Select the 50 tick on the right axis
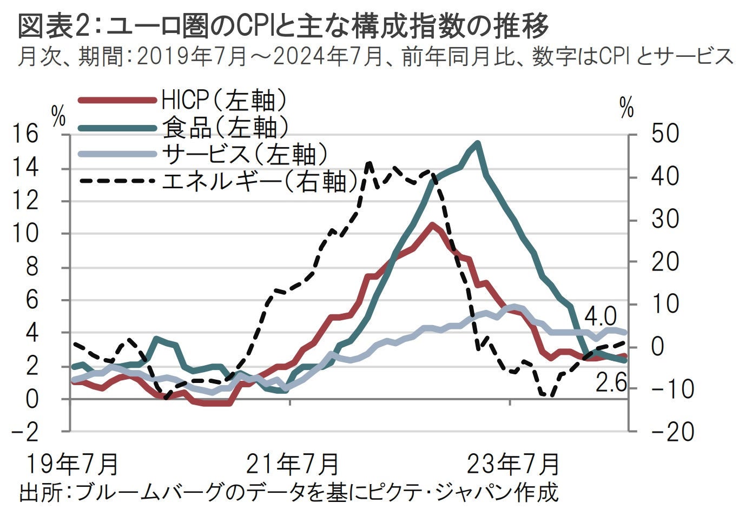pyautogui.click(x=664, y=134)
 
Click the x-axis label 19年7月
pyautogui.click(x=72, y=464)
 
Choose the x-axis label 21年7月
pyautogui.click(x=293, y=464)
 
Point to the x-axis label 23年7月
pyautogui.click(x=513, y=464)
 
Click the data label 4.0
pyautogui.click(x=601, y=315)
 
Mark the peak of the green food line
pyautogui.click(x=477, y=143)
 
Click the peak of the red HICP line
pyautogui.click(x=432, y=224)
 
